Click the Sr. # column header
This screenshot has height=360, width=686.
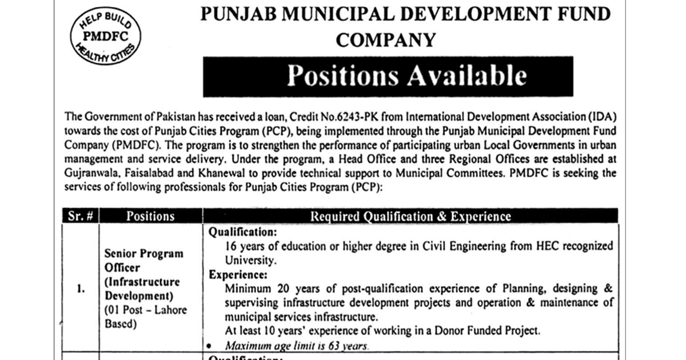80,217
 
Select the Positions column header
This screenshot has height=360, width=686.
150,217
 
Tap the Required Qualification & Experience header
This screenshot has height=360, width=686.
410,217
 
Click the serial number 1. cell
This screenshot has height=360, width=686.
80,290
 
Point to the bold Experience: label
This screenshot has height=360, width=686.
234,275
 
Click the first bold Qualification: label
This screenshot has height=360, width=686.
242,233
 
